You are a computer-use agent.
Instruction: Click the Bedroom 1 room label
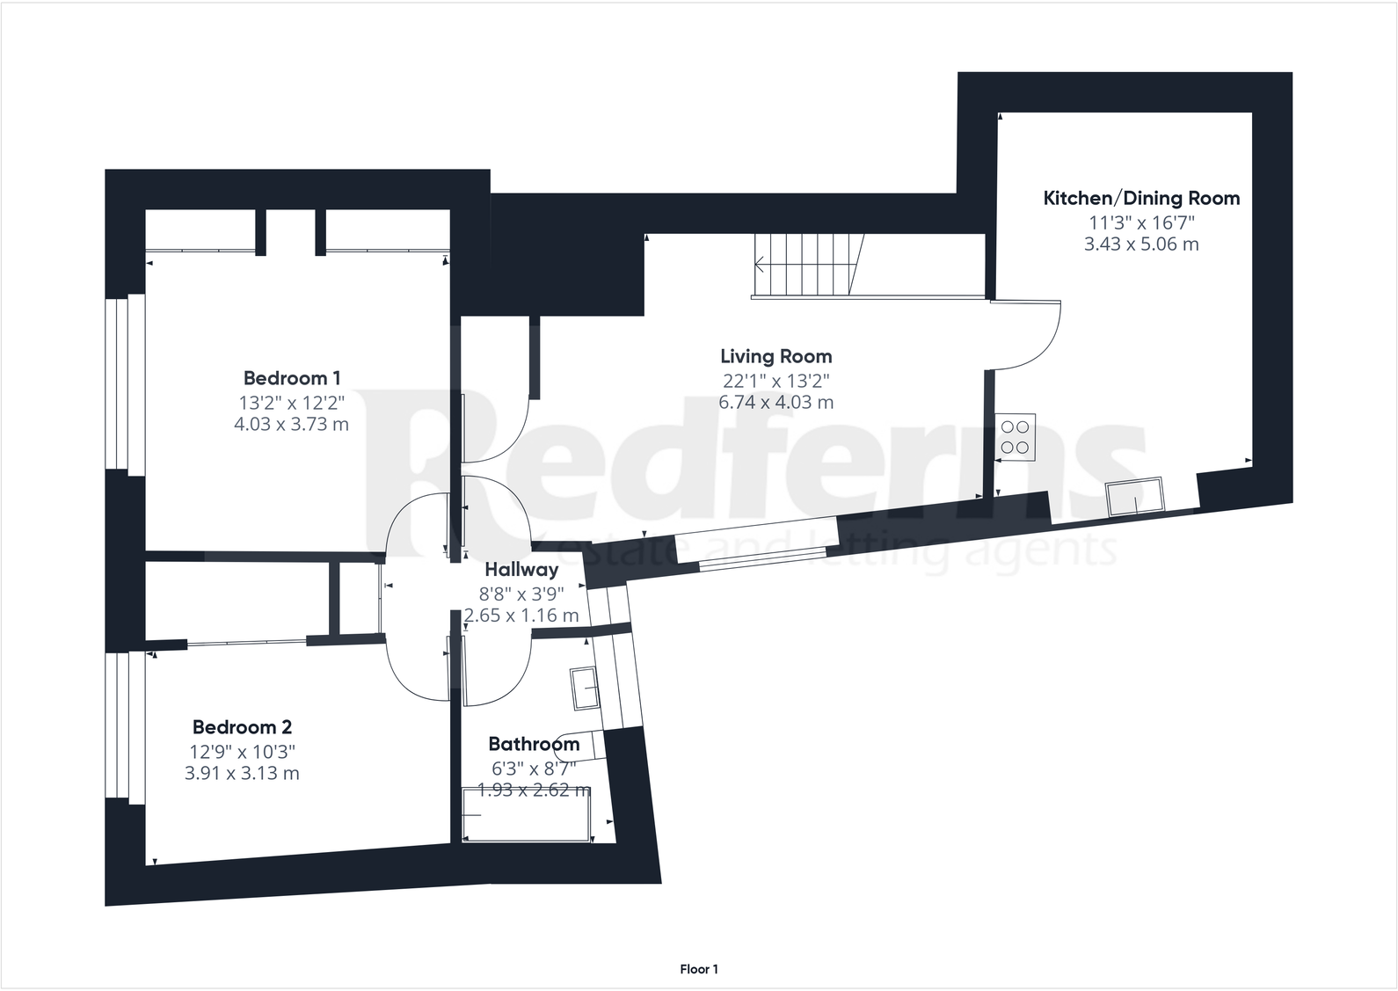pos(291,378)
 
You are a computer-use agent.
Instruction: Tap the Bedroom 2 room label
pos(242,727)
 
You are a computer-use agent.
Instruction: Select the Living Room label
pos(775,356)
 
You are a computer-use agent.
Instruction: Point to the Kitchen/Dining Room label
pos(1141,198)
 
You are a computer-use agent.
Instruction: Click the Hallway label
pos(521,569)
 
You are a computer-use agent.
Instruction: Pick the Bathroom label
pos(534,744)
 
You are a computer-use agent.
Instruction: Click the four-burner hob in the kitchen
pos(1015,437)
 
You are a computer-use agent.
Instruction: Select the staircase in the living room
pos(805,265)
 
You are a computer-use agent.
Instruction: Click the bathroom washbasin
pos(584,688)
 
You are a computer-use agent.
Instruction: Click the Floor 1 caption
pos(699,969)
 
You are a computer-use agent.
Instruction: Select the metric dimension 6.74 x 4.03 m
pos(775,403)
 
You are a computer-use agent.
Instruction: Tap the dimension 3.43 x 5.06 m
pos(1141,244)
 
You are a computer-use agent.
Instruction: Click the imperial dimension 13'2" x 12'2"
pos(291,403)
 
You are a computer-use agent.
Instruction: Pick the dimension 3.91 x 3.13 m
pos(242,774)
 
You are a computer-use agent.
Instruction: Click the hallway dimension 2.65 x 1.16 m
pos(521,616)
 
